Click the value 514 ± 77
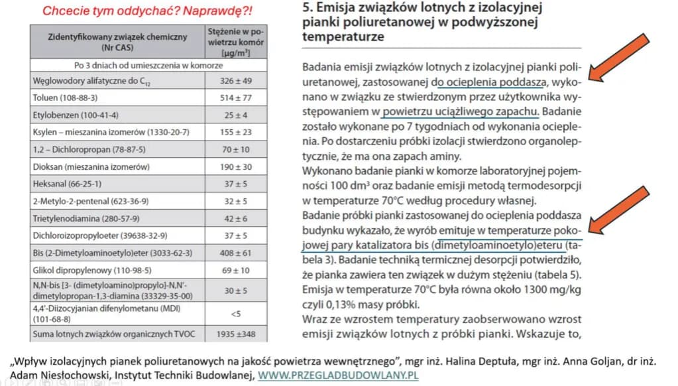coord(235,97)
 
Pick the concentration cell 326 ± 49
coord(235,80)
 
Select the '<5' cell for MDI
coord(235,314)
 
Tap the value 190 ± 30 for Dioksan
coord(235,166)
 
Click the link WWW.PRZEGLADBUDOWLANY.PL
coord(338,375)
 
